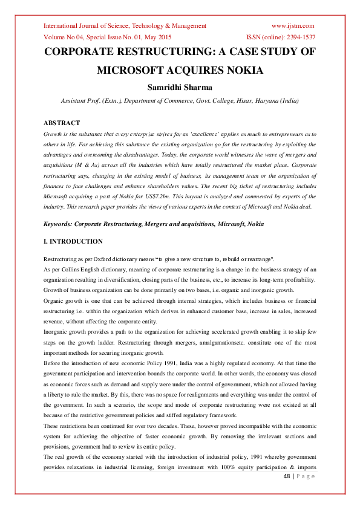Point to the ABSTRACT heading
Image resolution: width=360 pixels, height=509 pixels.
coord(62,123)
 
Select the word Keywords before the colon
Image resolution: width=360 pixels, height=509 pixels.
coord(58,224)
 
